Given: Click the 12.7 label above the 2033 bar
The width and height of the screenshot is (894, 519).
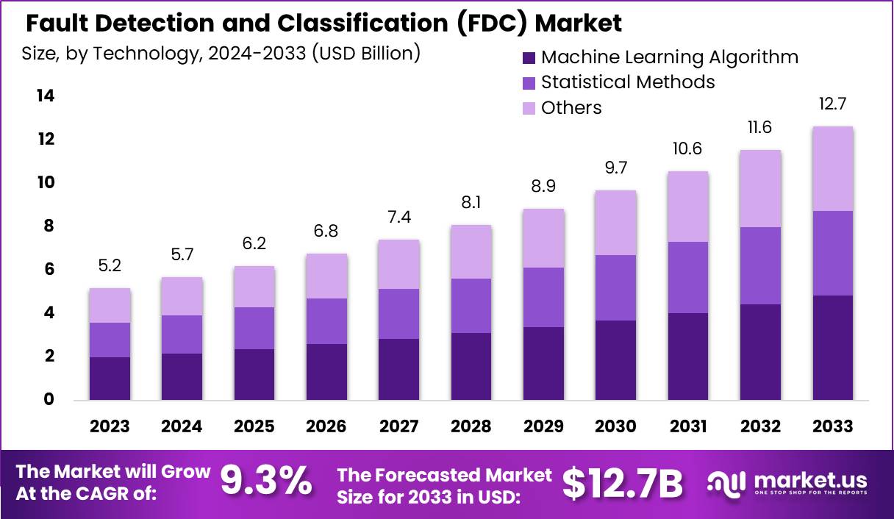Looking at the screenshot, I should click(833, 104).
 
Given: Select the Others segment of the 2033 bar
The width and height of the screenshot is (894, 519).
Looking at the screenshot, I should click(833, 168).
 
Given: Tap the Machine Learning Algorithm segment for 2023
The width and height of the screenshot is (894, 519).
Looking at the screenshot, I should click(110, 379).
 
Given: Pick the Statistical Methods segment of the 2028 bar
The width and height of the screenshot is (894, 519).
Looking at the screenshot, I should click(471, 306).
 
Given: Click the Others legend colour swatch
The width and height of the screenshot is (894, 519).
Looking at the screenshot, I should click(529, 109).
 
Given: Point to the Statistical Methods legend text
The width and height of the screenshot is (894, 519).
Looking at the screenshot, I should click(628, 82).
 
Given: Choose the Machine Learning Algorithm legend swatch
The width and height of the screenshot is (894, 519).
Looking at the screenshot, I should click(529, 57).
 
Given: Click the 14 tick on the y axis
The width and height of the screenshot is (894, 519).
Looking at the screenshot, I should click(46, 96).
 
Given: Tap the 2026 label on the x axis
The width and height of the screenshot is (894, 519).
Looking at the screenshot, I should click(326, 426).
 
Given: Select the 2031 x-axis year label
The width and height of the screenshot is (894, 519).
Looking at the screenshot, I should click(688, 426).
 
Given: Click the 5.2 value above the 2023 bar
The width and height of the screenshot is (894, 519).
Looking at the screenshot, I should click(110, 266).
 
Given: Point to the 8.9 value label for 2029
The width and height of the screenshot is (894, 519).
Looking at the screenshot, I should click(543, 186).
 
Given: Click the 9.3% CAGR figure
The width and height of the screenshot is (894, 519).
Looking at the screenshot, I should click(266, 482).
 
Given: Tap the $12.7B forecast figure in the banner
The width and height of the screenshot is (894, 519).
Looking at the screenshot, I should click(623, 483).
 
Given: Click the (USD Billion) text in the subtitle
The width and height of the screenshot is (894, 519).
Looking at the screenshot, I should click(366, 53).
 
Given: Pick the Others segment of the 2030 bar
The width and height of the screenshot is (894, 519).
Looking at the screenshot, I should click(615, 223).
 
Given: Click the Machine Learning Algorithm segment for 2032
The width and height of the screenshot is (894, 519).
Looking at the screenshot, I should click(760, 352).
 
